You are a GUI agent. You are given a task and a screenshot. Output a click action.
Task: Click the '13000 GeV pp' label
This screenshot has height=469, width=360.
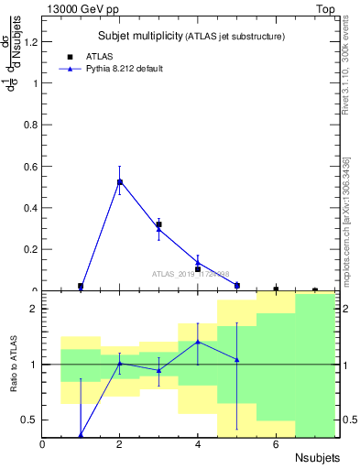(76, 8)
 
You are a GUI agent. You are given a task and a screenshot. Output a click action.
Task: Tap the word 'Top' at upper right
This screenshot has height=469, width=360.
(324, 8)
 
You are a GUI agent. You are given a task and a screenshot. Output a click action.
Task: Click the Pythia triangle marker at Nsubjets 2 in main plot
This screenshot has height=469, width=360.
(119, 181)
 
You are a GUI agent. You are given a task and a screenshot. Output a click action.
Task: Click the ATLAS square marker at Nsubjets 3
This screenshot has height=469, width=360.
(158, 224)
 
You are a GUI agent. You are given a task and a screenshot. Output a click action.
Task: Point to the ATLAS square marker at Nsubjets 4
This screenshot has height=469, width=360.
(198, 269)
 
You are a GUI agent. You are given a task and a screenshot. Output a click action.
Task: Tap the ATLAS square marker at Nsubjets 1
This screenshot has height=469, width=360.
(81, 286)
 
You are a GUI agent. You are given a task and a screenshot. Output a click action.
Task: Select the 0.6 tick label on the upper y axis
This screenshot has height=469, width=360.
(32, 166)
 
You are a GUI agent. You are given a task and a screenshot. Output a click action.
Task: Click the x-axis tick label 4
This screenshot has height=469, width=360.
(198, 444)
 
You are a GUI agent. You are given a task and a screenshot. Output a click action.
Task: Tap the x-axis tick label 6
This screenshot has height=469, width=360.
(276, 444)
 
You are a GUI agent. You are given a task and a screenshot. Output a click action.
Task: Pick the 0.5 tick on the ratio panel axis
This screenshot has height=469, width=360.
(30, 420)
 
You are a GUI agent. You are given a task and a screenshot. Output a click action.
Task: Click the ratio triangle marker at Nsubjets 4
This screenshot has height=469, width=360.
(198, 342)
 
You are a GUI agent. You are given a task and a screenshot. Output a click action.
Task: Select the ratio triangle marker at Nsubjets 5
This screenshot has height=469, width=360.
(236, 360)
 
